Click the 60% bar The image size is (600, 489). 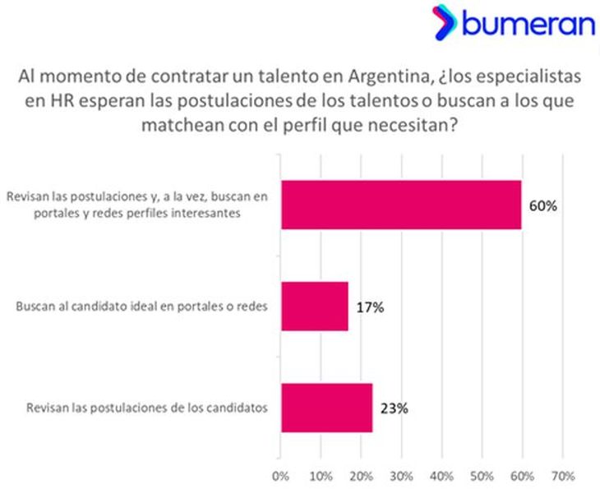click(401, 205)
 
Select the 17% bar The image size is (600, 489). click(315, 307)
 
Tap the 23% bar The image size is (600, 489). click(326, 408)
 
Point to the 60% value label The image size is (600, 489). click(542, 205)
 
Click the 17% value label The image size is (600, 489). click(371, 307)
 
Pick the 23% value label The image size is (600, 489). click(395, 408)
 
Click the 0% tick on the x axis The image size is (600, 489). click(281, 475)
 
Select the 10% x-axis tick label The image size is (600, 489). click(321, 475)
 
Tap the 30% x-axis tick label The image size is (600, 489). click(401, 475)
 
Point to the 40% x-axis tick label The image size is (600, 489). click(441, 475)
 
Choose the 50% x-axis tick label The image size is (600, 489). click(482, 475)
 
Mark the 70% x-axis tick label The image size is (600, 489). click(562, 475)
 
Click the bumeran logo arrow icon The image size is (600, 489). click(445, 22)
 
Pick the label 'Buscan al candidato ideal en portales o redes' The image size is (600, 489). click(144, 307)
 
